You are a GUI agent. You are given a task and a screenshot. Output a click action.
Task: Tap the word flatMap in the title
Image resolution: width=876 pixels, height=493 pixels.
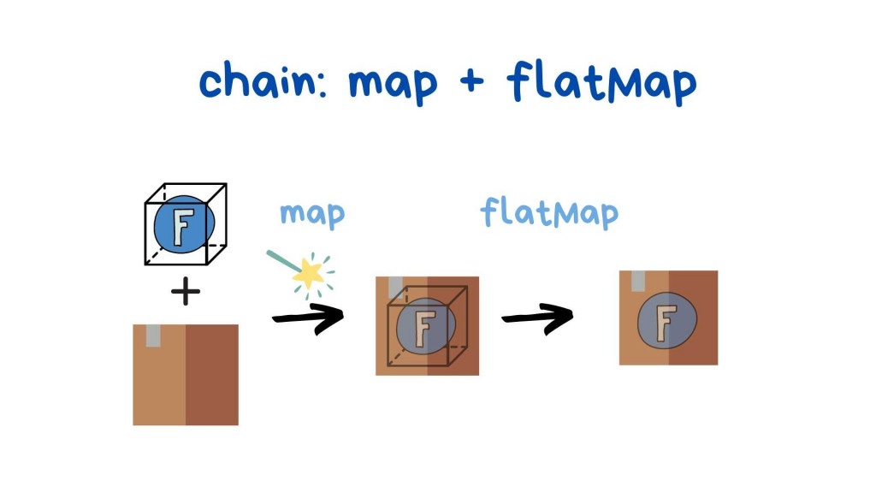(601, 82)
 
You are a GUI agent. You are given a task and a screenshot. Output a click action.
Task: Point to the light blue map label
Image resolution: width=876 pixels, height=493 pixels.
(311, 214)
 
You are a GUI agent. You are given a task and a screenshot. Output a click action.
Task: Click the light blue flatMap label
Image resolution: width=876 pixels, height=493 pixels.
(548, 214)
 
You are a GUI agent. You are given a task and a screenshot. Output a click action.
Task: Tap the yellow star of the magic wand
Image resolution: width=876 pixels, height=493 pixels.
(307, 273)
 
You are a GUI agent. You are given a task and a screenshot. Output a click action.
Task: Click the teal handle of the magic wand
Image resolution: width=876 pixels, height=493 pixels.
(279, 257)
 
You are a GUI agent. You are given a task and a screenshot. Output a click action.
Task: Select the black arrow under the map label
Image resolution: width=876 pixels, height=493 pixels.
(308, 318)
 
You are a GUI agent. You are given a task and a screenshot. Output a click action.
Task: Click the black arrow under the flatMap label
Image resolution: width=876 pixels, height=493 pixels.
(537, 318)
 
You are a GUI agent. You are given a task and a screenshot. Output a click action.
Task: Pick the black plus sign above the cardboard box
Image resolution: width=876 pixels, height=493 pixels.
(185, 292)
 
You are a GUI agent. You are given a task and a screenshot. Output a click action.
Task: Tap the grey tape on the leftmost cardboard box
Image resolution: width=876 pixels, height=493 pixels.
(153, 335)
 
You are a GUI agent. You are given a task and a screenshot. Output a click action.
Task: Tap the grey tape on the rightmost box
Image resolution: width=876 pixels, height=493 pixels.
(637, 281)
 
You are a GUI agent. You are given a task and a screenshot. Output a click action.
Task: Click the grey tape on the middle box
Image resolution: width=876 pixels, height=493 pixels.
(395, 287)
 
